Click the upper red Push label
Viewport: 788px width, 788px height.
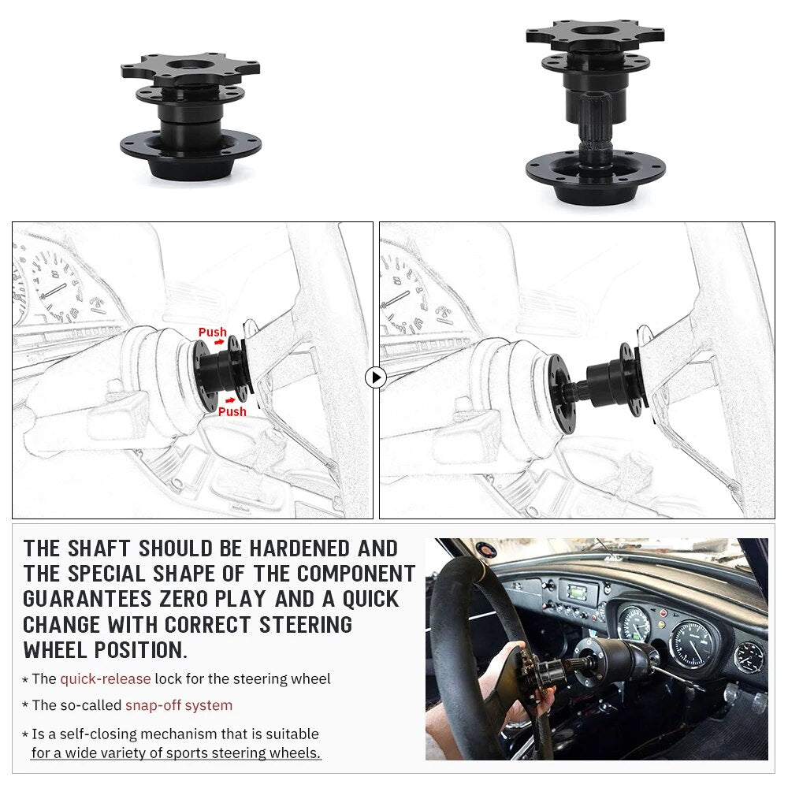click(212, 333)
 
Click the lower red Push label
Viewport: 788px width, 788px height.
click(232, 411)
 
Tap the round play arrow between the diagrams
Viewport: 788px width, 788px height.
click(376, 377)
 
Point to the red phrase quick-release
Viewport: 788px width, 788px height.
click(105, 678)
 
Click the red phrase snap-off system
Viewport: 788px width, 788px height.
click(179, 705)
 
